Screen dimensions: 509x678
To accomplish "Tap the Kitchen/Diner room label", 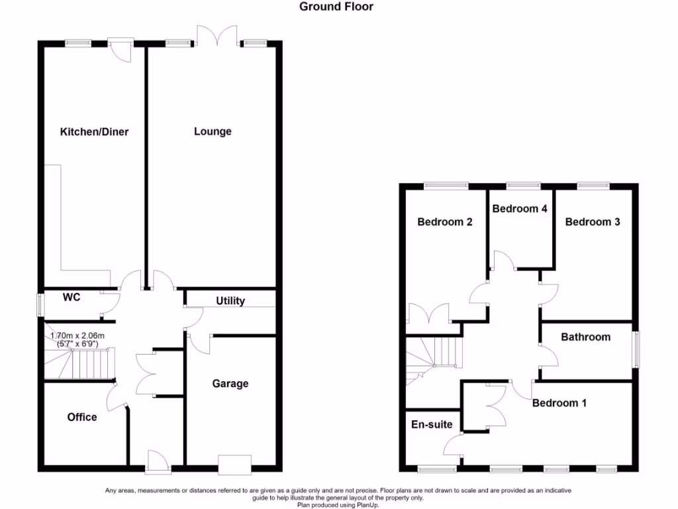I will point(94,132).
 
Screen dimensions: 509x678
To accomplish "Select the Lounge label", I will point(213,131).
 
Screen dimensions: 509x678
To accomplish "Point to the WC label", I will point(72,298).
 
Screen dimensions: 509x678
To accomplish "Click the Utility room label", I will point(230,301).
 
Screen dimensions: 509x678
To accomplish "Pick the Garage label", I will point(230,384).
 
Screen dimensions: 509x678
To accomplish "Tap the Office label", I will point(82,417).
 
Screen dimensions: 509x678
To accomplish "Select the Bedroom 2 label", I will point(444,222).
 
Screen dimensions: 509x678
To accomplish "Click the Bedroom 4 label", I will point(520,209).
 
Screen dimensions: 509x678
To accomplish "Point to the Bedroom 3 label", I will point(593,222).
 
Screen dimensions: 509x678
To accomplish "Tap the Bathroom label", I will point(585,337).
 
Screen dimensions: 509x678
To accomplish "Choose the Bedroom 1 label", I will point(559,403).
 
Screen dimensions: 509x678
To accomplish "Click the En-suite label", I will point(432,424).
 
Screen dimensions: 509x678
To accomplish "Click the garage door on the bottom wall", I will point(235,465).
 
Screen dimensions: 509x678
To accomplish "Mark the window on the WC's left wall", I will point(40,306).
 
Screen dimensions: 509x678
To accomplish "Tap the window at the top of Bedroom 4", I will point(521,186).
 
